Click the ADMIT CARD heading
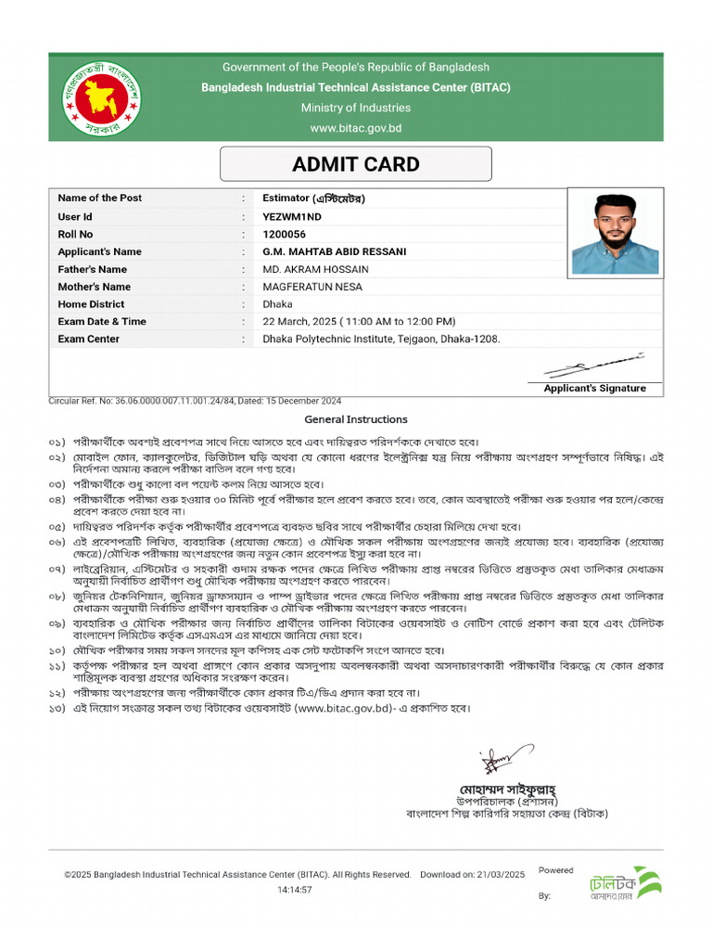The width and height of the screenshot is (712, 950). [x=356, y=165]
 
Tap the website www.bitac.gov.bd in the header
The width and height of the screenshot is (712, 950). [x=356, y=128]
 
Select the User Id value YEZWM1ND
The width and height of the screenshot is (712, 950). [x=291, y=216]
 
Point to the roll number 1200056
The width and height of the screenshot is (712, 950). [x=284, y=234]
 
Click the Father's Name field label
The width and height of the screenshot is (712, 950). [x=92, y=269]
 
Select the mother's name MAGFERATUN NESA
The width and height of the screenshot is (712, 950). [x=312, y=287]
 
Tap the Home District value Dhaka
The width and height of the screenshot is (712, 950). [x=277, y=304]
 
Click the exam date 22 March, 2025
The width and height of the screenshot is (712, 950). [x=307, y=321]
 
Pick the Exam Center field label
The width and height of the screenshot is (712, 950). [x=88, y=339]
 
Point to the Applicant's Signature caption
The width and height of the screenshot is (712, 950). [x=594, y=389]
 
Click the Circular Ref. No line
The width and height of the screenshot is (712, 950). [x=195, y=401]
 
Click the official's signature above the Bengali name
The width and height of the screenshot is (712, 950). [x=494, y=763]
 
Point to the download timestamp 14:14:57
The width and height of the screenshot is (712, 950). [x=295, y=890]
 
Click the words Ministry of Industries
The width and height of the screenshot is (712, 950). [x=356, y=108]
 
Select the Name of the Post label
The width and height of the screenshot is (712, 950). [x=99, y=199]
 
